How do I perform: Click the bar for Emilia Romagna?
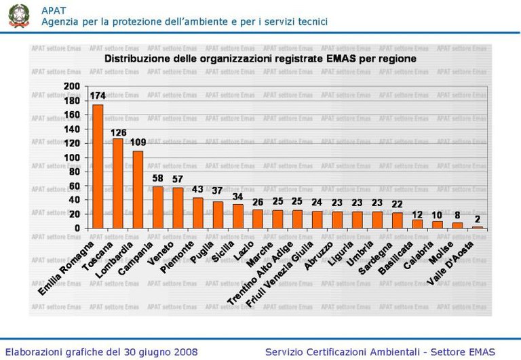pyautogui.click(x=98, y=167)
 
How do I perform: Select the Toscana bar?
pyautogui.click(x=118, y=184)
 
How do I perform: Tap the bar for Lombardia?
pyautogui.click(x=138, y=190)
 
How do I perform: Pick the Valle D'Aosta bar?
pyautogui.click(x=478, y=227)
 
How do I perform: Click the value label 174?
pyautogui.click(x=98, y=96)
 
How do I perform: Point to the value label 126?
pyautogui.click(x=119, y=132)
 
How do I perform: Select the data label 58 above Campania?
pyautogui.click(x=158, y=178)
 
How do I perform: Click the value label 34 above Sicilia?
pyautogui.click(x=238, y=197)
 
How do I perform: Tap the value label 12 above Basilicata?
pyautogui.click(x=418, y=214)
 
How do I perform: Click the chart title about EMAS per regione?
pyautogui.click(x=260, y=59)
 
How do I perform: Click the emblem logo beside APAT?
pyautogui.click(x=19, y=15)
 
